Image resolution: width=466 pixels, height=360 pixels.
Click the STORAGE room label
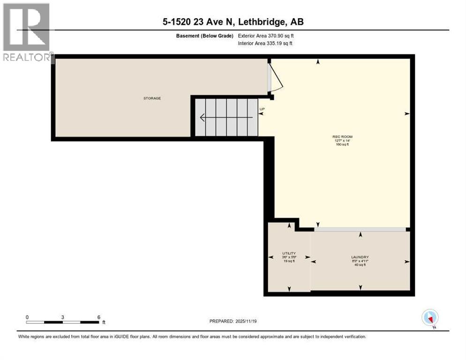point(152,98)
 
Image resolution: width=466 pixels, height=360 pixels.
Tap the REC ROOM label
point(340,136)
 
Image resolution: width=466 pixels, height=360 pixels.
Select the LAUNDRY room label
point(360,257)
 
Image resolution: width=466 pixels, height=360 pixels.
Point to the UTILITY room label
point(288,253)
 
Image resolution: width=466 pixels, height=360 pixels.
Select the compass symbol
point(430,317)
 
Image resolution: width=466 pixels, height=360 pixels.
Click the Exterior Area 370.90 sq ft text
point(266,36)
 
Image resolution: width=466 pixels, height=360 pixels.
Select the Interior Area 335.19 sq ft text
point(265,44)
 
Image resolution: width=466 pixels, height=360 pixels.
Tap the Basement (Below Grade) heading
point(206,36)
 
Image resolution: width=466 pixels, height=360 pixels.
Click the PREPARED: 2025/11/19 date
point(233,321)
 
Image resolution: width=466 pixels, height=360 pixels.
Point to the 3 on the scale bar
point(63,317)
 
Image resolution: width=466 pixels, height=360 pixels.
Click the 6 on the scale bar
point(98,317)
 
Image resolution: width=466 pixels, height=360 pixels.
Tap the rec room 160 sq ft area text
point(340,145)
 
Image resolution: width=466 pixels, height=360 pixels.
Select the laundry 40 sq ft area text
point(360,265)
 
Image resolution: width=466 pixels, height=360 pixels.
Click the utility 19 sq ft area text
point(288,261)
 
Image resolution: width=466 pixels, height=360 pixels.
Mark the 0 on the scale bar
point(27,317)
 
